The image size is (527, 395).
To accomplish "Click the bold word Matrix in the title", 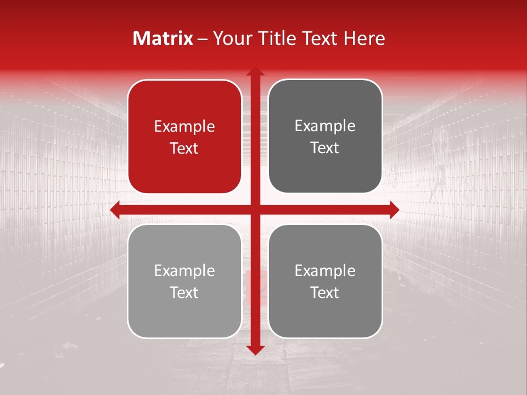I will [x=163, y=38].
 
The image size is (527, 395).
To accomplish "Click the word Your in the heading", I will [x=231, y=38].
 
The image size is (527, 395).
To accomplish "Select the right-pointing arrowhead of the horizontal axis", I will [x=394, y=210].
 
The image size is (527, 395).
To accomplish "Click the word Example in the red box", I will [x=184, y=127].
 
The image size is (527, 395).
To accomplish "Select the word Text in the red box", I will [x=184, y=148].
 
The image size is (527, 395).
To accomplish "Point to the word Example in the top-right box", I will [x=325, y=126].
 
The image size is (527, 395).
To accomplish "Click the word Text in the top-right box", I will [x=325, y=148].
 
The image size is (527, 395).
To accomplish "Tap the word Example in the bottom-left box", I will [x=184, y=271].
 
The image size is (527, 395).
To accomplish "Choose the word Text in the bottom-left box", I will [x=184, y=292].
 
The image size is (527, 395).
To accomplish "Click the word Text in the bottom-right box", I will [x=325, y=292].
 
